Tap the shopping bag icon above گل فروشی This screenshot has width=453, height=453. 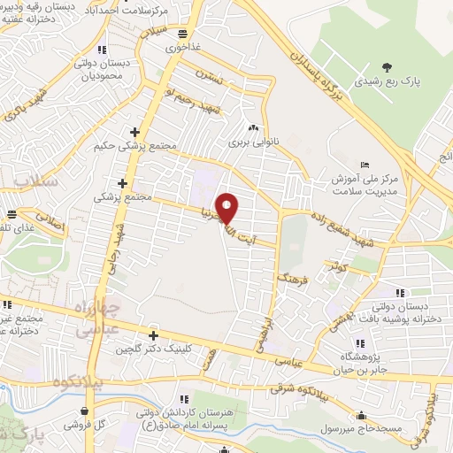[84, 411]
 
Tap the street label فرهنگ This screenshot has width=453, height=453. [291, 285]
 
